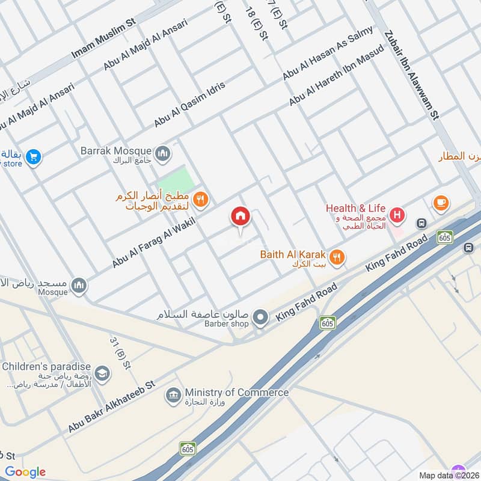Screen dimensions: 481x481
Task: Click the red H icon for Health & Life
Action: point(397,215)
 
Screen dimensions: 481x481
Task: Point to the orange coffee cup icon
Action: point(441,203)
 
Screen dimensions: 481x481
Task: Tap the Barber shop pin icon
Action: point(260,317)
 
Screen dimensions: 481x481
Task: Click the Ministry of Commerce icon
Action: point(174,396)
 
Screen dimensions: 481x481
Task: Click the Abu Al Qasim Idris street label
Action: point(189,103)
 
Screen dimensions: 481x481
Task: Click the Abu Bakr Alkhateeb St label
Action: point(111,406)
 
